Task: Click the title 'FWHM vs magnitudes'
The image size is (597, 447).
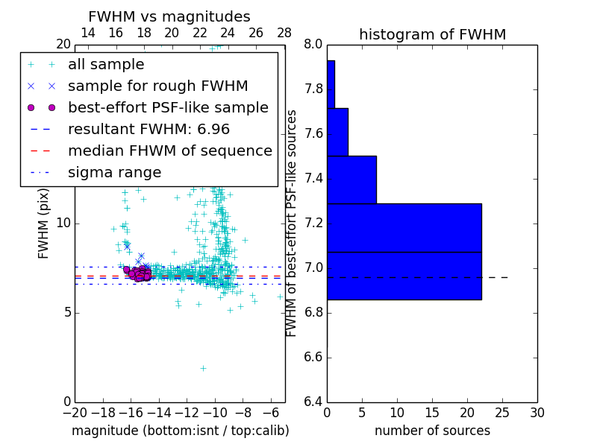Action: click(169, 16)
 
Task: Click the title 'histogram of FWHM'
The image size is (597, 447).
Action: click(432, 34)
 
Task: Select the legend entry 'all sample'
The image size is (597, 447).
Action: click(106, 65)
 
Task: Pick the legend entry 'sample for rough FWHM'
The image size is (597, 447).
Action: click(157, 86)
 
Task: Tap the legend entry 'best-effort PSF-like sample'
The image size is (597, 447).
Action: click(168, 108)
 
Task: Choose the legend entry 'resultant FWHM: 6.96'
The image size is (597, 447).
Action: click(149, 129)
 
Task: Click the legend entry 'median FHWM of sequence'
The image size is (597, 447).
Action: click(169, 150)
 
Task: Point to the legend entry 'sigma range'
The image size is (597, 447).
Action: click(114, 172)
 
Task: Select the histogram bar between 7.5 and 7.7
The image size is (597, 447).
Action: click(337, 132)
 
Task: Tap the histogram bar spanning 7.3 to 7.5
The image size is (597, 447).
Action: click(351, 180)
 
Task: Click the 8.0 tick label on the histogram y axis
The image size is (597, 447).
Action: click(313, 45)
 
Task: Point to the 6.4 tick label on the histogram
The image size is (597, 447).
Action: click(313, 402)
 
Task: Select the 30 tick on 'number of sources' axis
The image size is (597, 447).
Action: click(537, 412)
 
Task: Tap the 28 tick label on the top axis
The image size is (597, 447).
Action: click(284, 33)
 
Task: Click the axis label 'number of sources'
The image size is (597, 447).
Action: click(432, 431)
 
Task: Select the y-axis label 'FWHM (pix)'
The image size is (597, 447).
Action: click(44, 223)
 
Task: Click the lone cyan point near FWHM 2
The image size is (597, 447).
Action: click(203, 368)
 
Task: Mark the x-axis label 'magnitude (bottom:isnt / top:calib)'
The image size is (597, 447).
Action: click(180, 431)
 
